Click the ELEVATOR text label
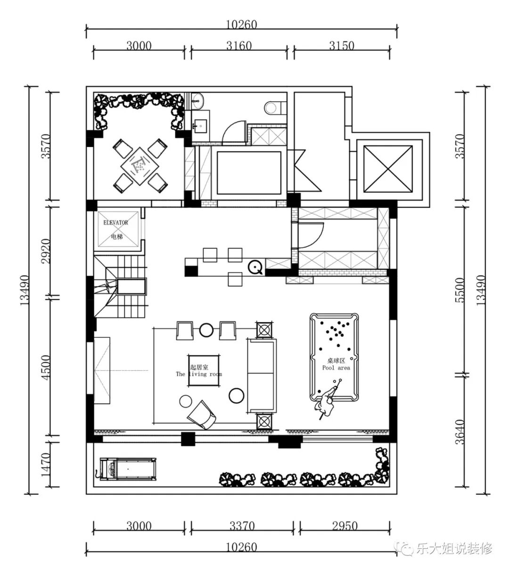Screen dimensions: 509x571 point(115,223)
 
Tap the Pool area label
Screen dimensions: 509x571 point(336,368)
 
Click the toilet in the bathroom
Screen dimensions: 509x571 point(273,108)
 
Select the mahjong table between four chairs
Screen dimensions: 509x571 point(140,166)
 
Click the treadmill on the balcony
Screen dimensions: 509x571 point(127,469)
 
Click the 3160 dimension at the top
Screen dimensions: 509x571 point(239,46)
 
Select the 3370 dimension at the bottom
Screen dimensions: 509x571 point(242,526)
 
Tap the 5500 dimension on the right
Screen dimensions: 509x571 point(460,290)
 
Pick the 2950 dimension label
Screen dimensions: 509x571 point(345,526)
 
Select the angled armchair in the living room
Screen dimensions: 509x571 point(202,415)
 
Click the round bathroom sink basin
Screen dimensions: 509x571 point(197,100)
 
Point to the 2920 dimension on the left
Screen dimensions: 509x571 point(46,251)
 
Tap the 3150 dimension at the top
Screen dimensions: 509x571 point(342,46)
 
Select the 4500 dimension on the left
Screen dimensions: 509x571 point(46,367)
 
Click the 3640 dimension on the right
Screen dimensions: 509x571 point(460,432)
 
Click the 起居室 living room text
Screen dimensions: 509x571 point(199,367)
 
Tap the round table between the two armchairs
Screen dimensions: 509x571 point(206,330)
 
